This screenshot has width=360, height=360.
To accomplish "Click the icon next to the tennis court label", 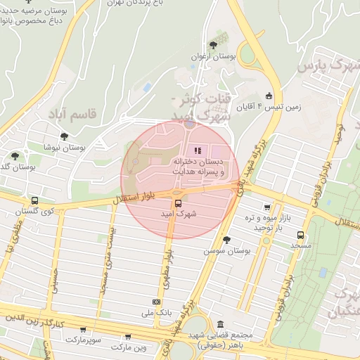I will (268, 96).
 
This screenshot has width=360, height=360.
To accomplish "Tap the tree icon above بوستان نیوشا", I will (65, 136).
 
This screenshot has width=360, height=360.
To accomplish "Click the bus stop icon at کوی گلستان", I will (34, 200).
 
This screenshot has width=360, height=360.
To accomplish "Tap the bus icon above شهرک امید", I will (178, 203).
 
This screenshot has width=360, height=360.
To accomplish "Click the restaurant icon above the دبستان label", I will (197, 150).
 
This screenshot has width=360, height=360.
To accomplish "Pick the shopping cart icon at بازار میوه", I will (266, 207).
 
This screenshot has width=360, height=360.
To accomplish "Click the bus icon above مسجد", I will (301, 236).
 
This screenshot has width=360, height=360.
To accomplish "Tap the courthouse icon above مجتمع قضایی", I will (221, 325).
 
